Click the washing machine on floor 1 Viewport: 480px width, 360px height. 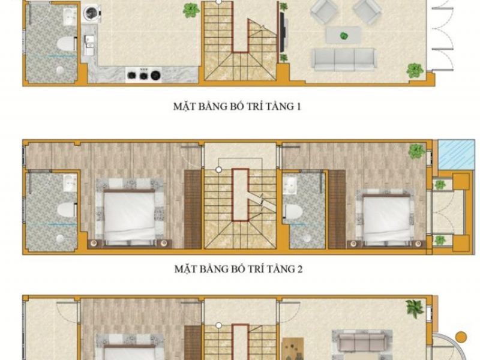click(91, 13)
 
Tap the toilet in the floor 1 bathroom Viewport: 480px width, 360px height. click(67, 43)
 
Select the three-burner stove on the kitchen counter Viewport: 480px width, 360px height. click(144, 74)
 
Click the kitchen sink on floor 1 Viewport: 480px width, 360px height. click(88, 46)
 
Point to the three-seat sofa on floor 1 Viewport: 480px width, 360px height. click(343, 59)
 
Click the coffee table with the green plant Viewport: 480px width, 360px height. click(343, 35)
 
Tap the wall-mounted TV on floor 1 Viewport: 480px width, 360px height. click(282, 32)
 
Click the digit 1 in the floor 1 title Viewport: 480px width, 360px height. click(298, 107)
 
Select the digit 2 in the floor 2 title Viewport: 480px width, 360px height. click(299, 269)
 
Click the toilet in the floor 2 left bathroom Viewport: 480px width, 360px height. click(67, 210)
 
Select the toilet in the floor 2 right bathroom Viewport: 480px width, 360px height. click(293, 212)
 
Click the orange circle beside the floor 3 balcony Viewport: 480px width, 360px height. click(461, 337)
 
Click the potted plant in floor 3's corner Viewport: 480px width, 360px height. click(415, 308)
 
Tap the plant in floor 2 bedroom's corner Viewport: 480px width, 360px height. click(416, 151)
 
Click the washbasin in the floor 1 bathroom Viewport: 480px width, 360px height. click(70, 17)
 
